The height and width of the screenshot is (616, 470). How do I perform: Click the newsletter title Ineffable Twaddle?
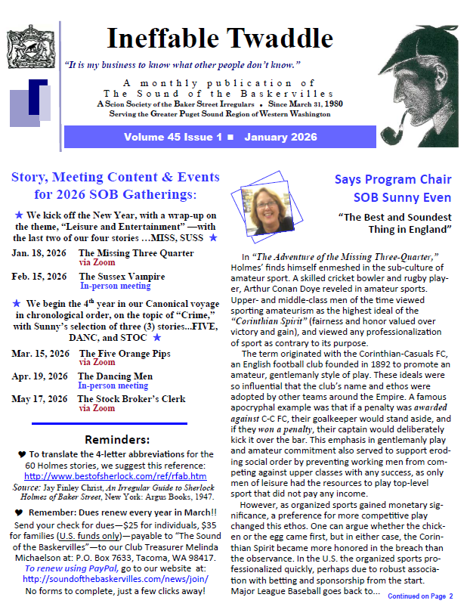(219, 39)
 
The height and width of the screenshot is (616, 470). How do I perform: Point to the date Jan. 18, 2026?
(39, 253)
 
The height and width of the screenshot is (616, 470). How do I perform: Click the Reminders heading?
(113, 439)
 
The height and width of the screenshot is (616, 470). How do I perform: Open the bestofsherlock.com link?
(115, 476)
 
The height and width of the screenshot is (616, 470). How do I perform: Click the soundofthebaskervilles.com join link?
(116, 579)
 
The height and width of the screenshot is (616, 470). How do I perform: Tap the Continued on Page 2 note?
(419, 596)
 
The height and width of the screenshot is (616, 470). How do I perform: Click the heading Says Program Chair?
(392, 179)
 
